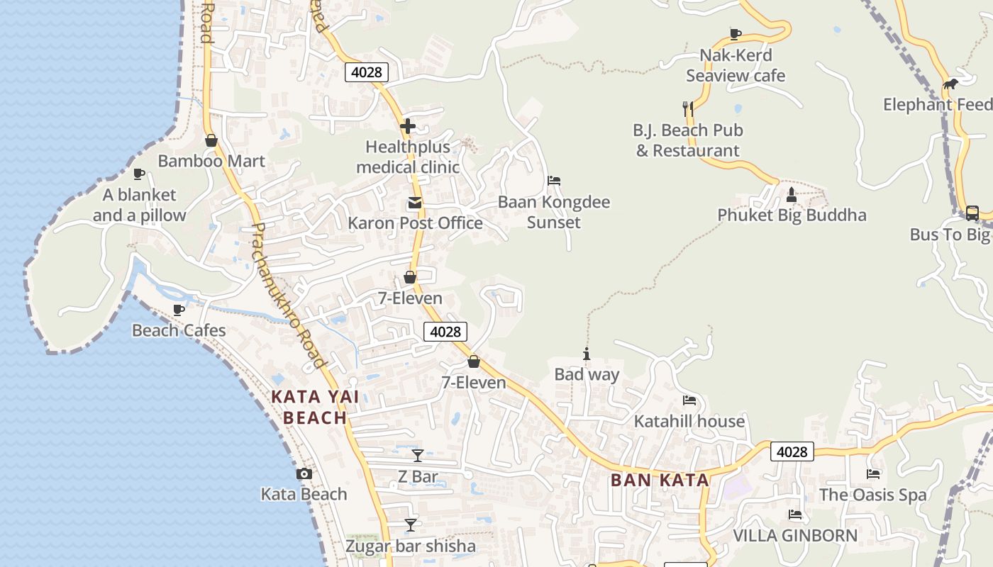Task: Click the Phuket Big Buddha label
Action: (792, 215)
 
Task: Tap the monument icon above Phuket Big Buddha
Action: (792, 194)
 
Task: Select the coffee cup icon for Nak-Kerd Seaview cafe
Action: (736, 34)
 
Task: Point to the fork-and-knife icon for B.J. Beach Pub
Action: (687, 108)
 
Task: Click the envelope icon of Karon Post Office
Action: (414, 203)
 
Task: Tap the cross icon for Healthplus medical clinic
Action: (408, 127)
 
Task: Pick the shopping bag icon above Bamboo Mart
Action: (211, 140)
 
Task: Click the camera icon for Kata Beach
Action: (304, 473)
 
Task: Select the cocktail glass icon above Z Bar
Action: (418, 455)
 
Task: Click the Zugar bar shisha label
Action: (411, 546)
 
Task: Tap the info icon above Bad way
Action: (587, 354)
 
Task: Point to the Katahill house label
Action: (689, 421)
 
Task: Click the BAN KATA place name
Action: (660, 480)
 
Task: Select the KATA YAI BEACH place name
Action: (315, 407)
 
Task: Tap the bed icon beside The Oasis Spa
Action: (873, 473)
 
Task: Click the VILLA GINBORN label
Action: (795, 535)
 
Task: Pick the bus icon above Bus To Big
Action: (972, 213)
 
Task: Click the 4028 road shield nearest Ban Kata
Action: (792, 451)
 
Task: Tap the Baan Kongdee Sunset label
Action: (553, 212)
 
